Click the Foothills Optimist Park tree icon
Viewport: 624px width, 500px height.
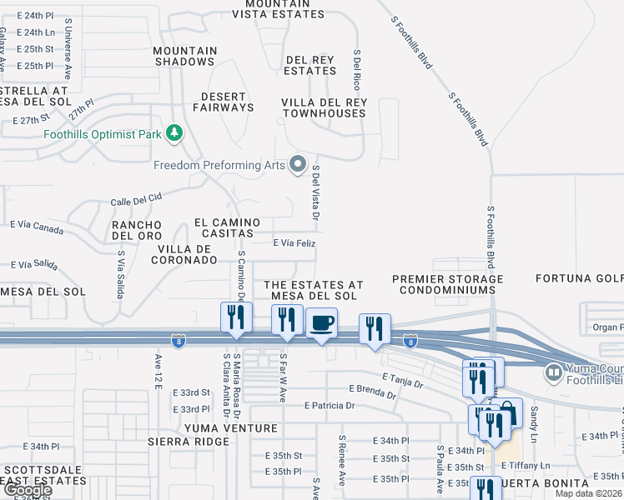174,132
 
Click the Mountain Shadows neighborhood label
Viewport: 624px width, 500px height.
184,56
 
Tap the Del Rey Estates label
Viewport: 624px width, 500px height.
309,65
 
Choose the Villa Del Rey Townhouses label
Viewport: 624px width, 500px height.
324,107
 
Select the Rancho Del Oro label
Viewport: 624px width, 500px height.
137,230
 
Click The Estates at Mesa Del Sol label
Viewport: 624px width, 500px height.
314,290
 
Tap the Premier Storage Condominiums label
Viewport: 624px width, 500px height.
446,284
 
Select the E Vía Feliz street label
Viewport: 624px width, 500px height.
294,242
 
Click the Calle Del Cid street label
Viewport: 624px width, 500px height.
136,200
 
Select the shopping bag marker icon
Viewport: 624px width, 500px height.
509,412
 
